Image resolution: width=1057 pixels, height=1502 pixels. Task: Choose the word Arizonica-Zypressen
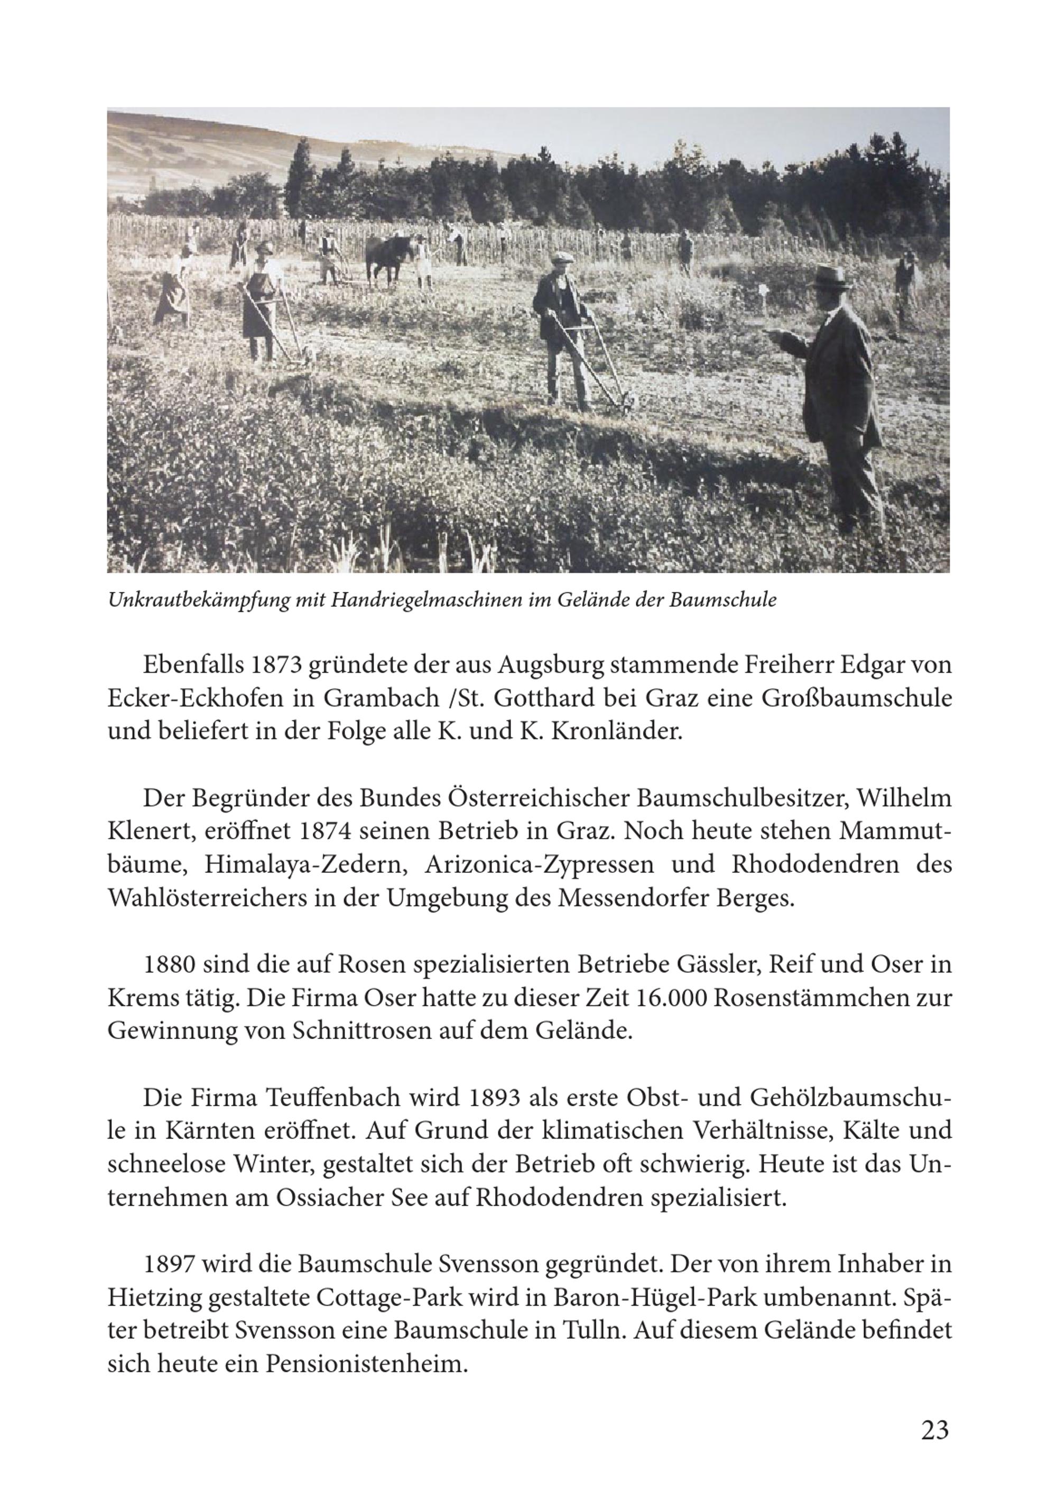(539, 864)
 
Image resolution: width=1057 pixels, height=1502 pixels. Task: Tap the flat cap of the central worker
(561, 257)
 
